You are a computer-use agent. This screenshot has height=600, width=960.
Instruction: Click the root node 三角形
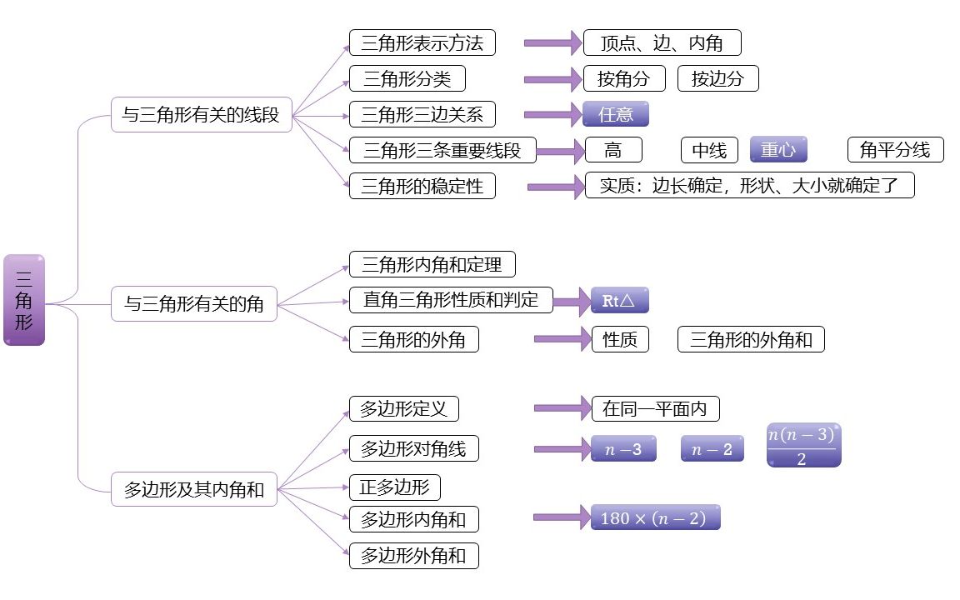tap(24, 300)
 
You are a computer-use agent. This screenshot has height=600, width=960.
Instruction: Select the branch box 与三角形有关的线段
tap(201, 115)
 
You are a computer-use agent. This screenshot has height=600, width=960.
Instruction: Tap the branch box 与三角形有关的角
tap(194, 304)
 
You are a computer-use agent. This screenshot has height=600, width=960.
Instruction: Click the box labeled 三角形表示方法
tap(422, 42)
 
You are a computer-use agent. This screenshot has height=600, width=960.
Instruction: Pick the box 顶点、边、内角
tap(662, 42)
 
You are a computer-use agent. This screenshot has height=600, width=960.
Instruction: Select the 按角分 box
tap(623, 79)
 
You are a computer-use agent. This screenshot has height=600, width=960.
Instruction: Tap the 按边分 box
tap(717, 79)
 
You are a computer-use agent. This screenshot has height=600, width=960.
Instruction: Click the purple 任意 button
tap(615, 114)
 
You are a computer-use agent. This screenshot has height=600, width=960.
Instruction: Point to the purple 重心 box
tap(778, 150)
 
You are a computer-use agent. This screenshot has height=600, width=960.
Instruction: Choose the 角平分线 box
tap(895, 150)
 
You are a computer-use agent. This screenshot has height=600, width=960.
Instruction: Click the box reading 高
tap(613, 150)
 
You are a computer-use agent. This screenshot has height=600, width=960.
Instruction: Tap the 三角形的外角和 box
tap(751, 339)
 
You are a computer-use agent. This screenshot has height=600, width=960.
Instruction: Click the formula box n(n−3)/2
tap(803, 446)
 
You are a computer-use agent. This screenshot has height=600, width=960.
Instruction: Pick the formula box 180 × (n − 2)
tap(654, 517)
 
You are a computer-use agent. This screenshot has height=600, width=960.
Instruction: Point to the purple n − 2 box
tap(712, 449)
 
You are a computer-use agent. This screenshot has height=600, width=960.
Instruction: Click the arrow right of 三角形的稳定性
tap(555, 186)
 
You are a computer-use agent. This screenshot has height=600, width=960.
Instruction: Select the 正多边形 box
tap(394, 487)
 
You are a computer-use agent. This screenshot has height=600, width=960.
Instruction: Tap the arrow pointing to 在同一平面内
tap(561, 408)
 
